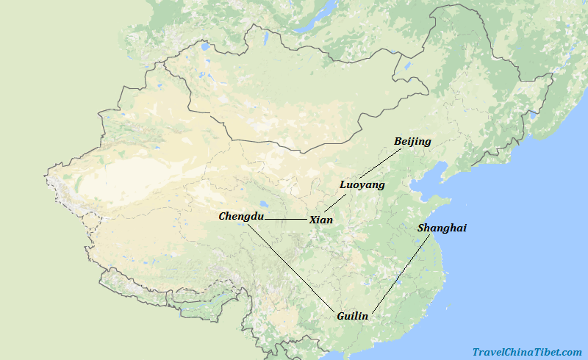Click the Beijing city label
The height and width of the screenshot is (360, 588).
412,141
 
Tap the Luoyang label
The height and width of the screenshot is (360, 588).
362,185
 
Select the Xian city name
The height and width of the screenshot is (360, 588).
321,220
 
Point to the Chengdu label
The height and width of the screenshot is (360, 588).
240,216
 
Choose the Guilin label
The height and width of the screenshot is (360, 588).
352,316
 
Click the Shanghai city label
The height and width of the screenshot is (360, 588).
442,228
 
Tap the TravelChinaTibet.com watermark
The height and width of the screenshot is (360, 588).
527,352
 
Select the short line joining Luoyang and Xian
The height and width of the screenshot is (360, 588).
334,203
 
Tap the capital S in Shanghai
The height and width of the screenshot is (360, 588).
421,228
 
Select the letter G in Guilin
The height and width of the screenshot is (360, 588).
340,316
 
